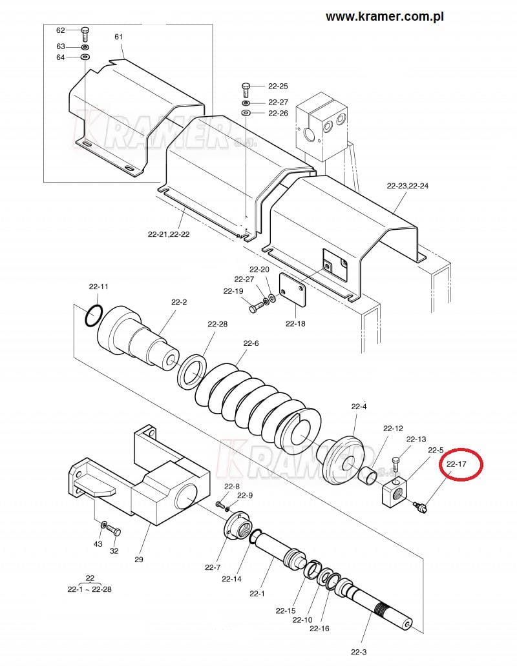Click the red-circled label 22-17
click(456, 464)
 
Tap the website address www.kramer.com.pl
click(385, 17)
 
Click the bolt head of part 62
click(85, 30)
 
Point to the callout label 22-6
click(251, 343)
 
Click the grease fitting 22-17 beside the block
click(419, 506)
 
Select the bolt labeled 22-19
click(255, 308)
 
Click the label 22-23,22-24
click(407, 186)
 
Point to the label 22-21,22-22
click(169, 234)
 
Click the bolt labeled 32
click(113, 531)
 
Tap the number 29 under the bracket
click(139, 560)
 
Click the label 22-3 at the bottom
click(359, 652)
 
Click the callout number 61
click(118, 37)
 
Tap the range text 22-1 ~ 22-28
click(90, 590)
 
